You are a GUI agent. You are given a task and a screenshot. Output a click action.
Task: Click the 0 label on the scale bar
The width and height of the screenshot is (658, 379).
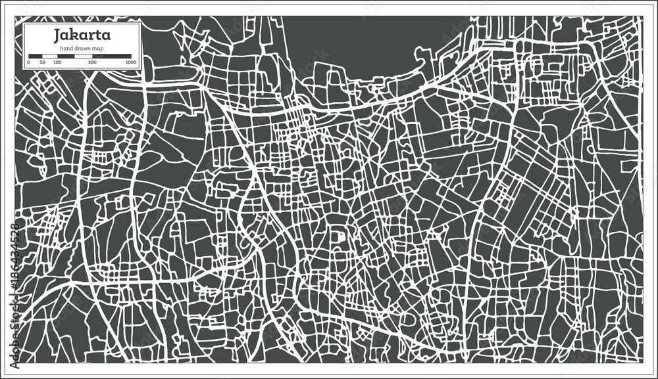28,62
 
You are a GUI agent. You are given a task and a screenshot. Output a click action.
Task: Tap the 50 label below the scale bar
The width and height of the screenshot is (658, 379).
42,62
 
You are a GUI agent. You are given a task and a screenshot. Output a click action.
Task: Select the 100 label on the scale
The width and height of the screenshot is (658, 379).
57,62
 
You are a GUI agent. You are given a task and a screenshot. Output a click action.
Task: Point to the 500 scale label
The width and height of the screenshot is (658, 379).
92,62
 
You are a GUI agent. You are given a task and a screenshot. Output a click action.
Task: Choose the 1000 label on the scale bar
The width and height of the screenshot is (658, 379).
130,62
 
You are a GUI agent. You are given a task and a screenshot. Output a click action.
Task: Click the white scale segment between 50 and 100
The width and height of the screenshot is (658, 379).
50,56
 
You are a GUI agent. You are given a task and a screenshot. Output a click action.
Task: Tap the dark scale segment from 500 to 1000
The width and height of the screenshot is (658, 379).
112,56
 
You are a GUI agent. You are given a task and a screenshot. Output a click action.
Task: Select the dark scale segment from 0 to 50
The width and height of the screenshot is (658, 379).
36,56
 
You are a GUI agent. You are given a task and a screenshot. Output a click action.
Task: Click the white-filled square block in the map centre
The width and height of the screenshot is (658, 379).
340,234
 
